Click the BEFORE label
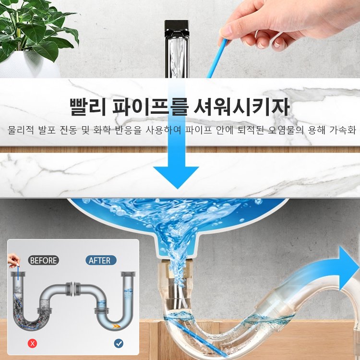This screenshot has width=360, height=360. [43, 261]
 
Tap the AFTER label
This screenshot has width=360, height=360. [100, 261]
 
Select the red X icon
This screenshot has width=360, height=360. [33, 343]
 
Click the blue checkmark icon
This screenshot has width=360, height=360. [118, 343]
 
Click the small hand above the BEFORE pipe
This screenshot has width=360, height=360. [13, 262]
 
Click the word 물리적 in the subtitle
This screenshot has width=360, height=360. [21, 131]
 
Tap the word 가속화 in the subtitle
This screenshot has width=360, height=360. [343, 131]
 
